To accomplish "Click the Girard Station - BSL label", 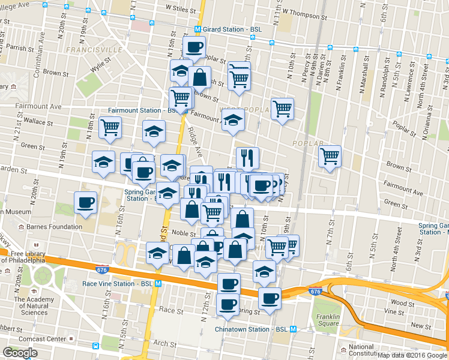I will click(x=233, y=29).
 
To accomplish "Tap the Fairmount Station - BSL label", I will click(x=142, y=110).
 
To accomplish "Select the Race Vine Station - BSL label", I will click(x=118, y=283).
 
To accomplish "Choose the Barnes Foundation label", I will click(x=54, y=227).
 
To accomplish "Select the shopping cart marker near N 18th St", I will click(x=110, y=127).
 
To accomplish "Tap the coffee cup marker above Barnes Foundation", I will click(x=85, y=202).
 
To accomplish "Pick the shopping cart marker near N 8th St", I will click(x=330, y=155).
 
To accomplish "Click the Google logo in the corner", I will click(x=20, y=353).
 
